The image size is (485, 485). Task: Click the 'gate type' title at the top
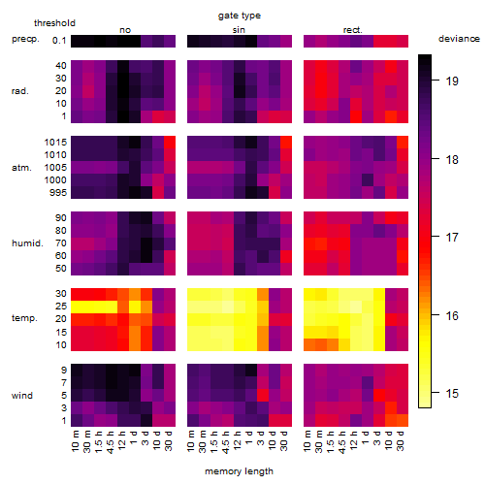pyautogui.click(x=240, y=16)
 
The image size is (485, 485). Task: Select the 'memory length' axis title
pyautogui.click(x=239, y=471)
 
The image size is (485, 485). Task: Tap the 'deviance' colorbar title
pyautogui.click(x=459, y=39)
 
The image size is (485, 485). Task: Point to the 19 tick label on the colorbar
pyautogui.click(x=452, y=81)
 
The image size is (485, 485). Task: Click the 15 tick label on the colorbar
pyautogui.click(x=452, y=393)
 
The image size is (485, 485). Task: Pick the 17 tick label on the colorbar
pyautogui.click(x=452, y=238)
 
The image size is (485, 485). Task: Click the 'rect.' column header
pyautogui.click(x=353, y=30)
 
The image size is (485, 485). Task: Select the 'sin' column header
pyautogui.click(x=239, y=30)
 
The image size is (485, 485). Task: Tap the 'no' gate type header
pyautogui.click(x=125, y=30)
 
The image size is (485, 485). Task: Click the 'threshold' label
pyautogui.click(x=54, y=23)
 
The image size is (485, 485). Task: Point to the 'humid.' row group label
pyautogui.click(x=27, y=243)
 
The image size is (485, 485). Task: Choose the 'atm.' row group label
pyautogui.click(x=21, y=168)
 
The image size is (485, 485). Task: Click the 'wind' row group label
pyautogui.click(x=22, y=396)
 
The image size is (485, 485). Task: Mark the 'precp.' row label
pyautogui.click(x=25, y=39)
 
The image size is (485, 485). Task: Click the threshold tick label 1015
pyautogui.click(x=55, y=142)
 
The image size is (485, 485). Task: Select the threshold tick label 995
pyautogui.click(x=58, y=193)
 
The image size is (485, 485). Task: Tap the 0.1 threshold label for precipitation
pyautogui.click(x=59, y=41)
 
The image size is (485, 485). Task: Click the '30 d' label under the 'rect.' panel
pyautogui.click(x=401, y=440)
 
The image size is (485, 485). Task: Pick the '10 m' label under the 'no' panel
pyautogui.click(x=75, y=440)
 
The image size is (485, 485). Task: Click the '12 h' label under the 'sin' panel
pyautogui.click(x=238, y=440)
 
